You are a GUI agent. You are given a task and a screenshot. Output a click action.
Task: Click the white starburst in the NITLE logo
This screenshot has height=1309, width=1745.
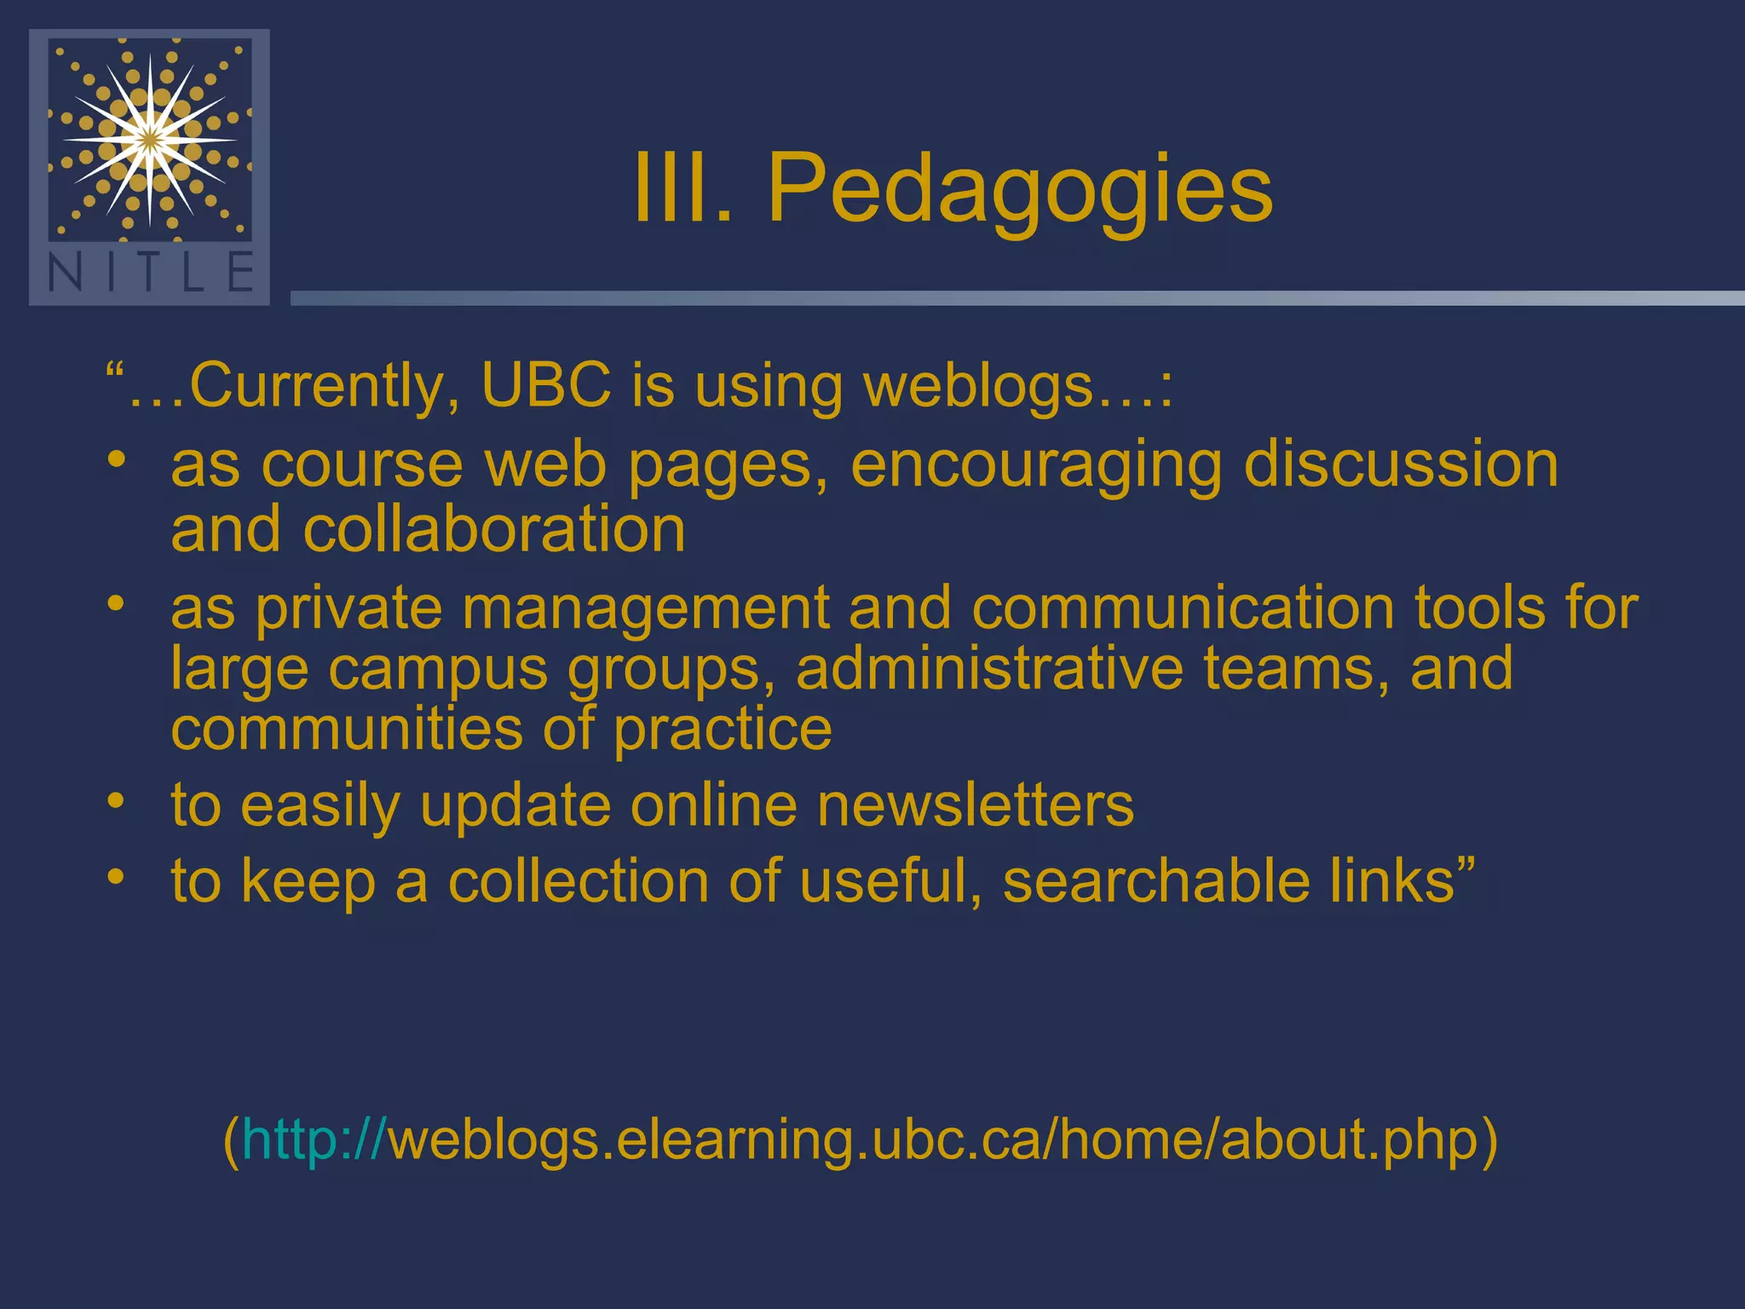pos(150,138)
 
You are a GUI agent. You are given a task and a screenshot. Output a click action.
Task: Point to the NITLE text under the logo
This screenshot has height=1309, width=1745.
pos(150,273)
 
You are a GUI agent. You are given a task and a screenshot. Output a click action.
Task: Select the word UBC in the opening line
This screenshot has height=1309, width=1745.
pos(546,385)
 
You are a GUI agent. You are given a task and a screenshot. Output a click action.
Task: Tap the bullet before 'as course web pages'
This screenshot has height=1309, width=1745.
pos(117,460)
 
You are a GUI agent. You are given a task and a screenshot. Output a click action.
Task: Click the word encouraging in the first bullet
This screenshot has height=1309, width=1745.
pos(1036,467)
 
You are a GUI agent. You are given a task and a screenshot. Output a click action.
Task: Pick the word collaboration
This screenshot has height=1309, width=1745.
pos(494,529)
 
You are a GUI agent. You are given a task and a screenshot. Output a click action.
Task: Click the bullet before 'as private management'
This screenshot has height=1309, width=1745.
pos(117,604)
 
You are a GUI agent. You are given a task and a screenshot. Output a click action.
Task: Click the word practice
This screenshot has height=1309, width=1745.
pos(723,731)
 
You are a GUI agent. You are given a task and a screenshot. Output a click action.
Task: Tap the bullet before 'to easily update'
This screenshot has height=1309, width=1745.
pos(117,801)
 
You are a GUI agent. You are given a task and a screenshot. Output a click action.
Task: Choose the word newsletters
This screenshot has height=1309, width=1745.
pos(976,804)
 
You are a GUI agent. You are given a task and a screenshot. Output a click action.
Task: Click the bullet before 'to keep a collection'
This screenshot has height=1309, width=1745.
pos(117,876)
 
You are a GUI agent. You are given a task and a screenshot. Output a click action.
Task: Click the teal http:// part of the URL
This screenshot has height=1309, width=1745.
pos(314,1139)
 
